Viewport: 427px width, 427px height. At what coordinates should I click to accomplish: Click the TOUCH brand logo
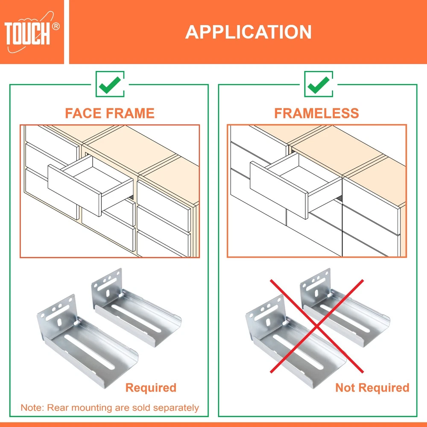[x=32, y=32]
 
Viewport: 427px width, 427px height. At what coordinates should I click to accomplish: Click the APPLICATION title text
[x=249, y=32]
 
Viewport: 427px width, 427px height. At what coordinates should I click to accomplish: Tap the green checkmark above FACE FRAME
[x=110, y=85]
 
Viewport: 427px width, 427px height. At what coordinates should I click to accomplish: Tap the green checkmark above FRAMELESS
[x=319, y=85]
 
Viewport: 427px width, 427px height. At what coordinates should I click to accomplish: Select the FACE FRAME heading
[x=110, y=113]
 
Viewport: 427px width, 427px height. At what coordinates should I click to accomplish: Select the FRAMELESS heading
[x=317, y=113]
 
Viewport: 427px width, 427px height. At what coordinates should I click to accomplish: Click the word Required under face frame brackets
[x=151, y=388]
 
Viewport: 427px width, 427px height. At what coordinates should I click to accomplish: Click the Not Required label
[x=372, y=388]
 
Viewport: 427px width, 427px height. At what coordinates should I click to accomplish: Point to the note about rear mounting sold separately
[x=110, y=408]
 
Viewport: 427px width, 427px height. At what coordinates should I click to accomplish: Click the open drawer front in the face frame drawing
[x=75, y=190]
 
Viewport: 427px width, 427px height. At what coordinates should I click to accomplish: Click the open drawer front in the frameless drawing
[x=279, y=190]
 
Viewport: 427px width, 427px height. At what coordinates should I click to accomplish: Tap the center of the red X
[x=316, y=326]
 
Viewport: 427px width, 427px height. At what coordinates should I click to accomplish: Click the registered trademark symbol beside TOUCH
[x=56, y=26]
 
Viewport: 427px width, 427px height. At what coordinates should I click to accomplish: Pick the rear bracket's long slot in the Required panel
[x=136, y=318]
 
